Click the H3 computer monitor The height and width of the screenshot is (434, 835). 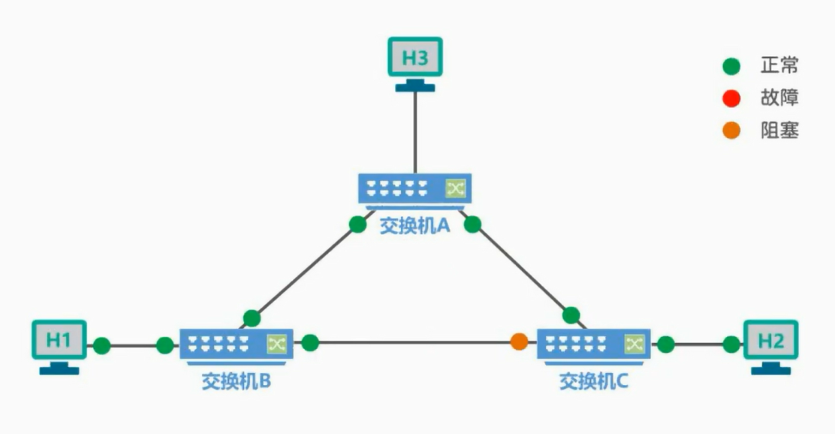pos(414,58)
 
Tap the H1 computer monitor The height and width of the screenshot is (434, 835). pos(59,340)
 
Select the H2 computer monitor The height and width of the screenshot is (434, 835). pos(771,341)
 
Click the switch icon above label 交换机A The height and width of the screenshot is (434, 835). pos(414,189)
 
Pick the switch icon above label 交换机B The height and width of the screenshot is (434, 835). pos(236,344)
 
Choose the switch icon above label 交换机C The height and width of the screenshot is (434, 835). pos(594,344)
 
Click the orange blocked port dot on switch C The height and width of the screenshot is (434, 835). pos(519,342)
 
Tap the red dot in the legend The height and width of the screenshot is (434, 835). pos(731,99)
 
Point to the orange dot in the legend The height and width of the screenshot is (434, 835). pos(731,131)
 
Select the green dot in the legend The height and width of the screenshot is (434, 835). pos(731,67)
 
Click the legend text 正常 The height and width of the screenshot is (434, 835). pos(779,66)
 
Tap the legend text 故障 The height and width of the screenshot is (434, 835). pos(779,98)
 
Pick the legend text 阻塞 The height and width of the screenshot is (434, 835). pos(779,131)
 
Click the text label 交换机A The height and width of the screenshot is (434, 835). pos(414,226)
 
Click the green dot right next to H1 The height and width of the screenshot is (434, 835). pos(102,346)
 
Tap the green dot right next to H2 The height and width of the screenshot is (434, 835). pos(732,345)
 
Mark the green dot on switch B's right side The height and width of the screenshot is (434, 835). pos(310,343)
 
